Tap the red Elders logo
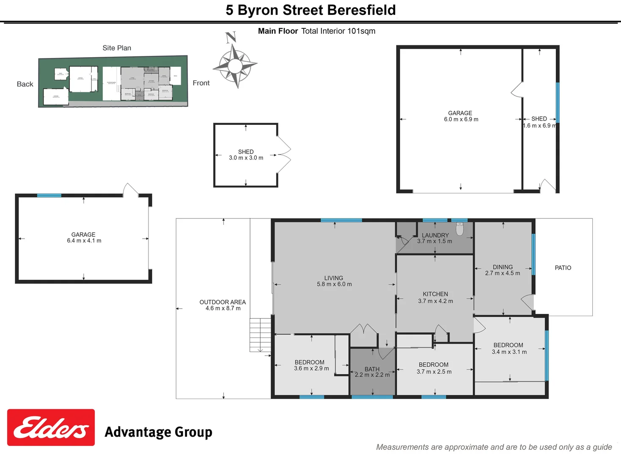pyautogui.click(x=51, y=427)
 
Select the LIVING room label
pyautogui.click(x=333, y=278)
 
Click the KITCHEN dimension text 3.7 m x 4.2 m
pyautogui.click(x=435, y=301)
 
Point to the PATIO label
pyautogui.click(x=563, y=268)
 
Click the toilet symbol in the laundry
pyautogui.click(x=460, y=228)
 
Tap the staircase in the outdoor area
pyautogui.click(x=260, y=334)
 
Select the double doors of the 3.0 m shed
pyautogui.click(x=284, y=155)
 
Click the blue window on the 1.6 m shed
pyautogui.click(x=557, y=102)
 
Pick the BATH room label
pyautogui.click(x=372, y=369)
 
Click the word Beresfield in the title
pyautogui.click(x=360, y=10)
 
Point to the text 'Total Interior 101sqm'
pyautogui.click(x=338, y=31)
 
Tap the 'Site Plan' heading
pyautogui.click(x=117, y=48)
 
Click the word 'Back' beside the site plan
pyautogui.click(x=25, y=84)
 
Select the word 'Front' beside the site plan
pyautogui.click(x=201, y=83)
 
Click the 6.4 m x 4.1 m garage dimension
pyautogui.click(x=84, y=241)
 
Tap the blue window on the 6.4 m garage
pyautogui.click(x=49, y=195)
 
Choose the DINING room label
pyautogui.click(x=503, y=267)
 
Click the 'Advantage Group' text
pyautogui.click(x=158, y=432)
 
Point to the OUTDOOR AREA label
pyautogui.click(x=223, y=302)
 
